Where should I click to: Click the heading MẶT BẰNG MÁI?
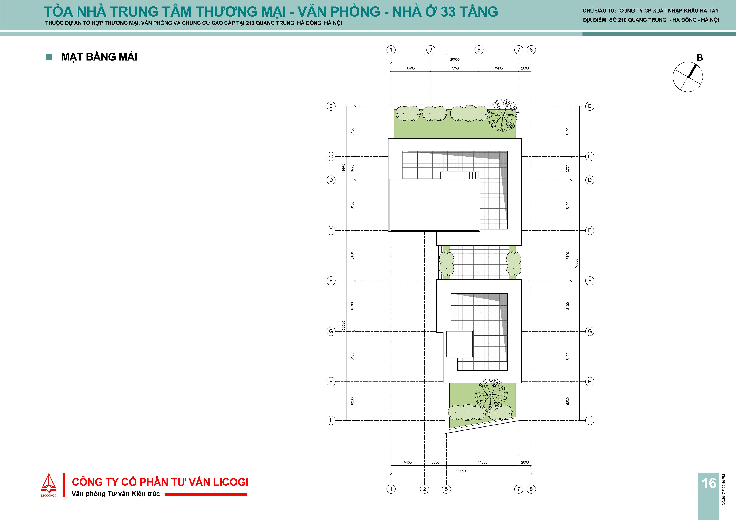pos(99,57)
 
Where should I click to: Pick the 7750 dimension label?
pos(455,68)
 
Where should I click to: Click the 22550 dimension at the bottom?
pos(461,471)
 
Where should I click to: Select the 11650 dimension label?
pos(482,462)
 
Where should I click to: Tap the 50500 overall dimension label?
pos(576,263)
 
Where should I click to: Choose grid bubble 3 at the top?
pos(431,50)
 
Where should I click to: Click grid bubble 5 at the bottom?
pos(446,489)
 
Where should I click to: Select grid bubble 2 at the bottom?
pos(424,489)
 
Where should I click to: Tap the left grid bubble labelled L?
pos(331,420)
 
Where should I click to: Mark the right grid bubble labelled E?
pos(589,230)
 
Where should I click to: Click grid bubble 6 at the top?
pos(479,50)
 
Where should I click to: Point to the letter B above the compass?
pos(700,58)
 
